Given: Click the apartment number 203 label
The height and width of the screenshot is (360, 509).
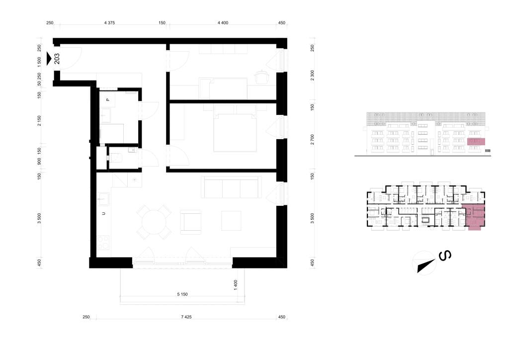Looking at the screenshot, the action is point(57,59).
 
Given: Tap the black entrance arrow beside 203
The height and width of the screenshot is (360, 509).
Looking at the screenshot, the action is point(49,59).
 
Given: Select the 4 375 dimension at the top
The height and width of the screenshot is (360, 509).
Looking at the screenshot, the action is point(109,23).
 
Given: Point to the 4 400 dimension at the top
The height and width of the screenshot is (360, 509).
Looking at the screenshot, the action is point(223,23).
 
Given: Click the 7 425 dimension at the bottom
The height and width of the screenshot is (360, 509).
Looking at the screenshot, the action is point(186,317).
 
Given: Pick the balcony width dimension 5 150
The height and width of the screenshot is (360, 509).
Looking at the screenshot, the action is point(182,294).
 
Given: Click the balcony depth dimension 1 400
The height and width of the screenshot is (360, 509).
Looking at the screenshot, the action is point(236,285).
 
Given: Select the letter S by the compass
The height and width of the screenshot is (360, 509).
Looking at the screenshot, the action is point(445,256).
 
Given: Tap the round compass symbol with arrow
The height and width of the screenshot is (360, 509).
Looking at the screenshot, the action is point(424,263).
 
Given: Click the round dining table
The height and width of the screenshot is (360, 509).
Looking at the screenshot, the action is point(154,222).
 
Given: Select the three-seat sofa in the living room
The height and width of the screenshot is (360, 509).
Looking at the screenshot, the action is point(232,187).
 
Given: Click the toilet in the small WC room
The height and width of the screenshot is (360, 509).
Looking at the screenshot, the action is point(116,158).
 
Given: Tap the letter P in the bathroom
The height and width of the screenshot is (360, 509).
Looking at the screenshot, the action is point(108,99).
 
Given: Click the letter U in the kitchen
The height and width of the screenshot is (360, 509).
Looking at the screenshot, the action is point(103,213).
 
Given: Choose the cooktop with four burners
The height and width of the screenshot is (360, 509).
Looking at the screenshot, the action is point(103,243).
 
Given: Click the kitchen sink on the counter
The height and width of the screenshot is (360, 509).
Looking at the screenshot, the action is point(103,199).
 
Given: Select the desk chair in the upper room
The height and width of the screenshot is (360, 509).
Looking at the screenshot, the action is point(262,77).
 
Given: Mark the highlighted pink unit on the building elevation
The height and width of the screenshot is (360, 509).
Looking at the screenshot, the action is point(476,142).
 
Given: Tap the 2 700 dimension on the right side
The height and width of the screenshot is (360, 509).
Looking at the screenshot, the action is point(312,140).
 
